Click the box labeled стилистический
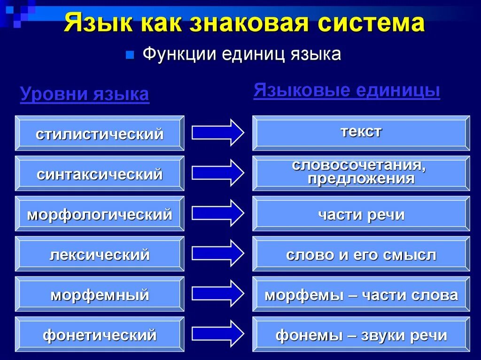100,133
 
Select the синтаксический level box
100,174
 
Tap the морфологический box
100,214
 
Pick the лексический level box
100,254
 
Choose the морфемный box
100,295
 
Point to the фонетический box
100,335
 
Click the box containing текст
361,133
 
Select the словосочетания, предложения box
361,173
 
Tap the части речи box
361,214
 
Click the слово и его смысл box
361,254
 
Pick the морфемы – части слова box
361,295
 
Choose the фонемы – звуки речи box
361,335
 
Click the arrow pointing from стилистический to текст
217,132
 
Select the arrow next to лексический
217,253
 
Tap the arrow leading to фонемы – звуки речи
217,333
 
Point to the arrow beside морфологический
217,213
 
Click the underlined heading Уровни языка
85,94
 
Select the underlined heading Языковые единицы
347,90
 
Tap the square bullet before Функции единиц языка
130,55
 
